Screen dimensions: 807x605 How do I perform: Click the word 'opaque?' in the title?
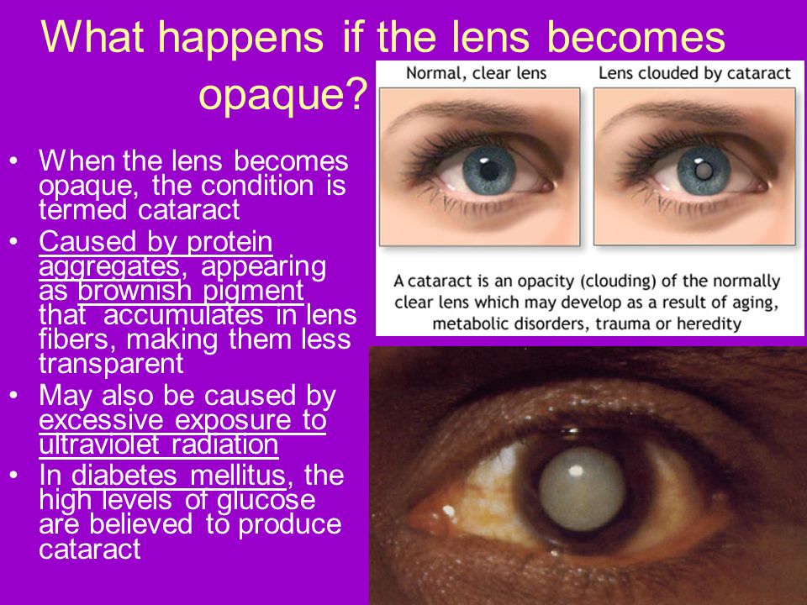(x=283, y=94)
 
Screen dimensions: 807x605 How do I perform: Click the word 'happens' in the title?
(x=240, y=39)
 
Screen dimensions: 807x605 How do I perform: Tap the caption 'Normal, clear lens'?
(x=476, y=74)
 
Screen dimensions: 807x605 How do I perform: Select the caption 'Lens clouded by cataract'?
(x=694, y=74)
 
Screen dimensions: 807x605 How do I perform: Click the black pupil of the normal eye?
(x=489, y=171)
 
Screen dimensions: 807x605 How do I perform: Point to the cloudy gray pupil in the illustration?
(x=703, y=171)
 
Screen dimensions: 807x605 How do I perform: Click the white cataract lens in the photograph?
(x=582, y=488)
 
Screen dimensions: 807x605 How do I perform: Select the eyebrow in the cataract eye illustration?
(x=679, y=111)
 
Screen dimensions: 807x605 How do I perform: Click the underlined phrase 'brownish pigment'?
(x=191, y=292)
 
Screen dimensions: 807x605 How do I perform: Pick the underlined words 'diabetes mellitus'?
(x=178, y=475)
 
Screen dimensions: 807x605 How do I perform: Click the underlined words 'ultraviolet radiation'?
(x=159, y=445)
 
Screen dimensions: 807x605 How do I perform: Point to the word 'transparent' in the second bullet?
(x=111, y=364)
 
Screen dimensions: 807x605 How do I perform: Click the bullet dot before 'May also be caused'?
(x=14, y=396)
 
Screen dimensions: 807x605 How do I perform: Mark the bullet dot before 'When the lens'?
(x=14, y=161)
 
